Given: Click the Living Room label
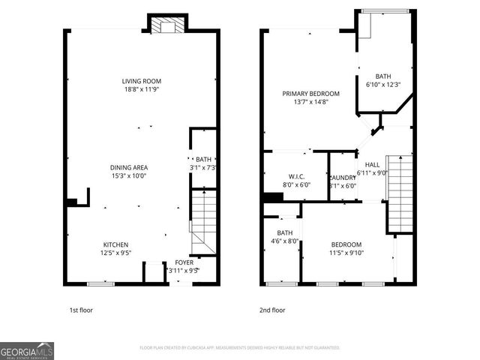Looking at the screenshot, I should click(142, 81).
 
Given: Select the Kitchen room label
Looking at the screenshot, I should click(115, 244).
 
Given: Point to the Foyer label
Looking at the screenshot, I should click(184, 262).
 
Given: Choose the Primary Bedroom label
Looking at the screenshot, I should click(310, 94).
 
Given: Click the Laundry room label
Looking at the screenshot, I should click(343, 177).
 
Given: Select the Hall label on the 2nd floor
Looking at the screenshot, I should click(372, 164).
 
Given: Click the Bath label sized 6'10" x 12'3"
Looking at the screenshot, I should click(383, 76).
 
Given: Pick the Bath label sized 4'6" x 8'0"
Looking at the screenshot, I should click(284, 232).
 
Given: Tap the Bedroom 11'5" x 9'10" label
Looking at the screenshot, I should click(346, 244).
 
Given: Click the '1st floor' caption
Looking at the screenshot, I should click(81, 309).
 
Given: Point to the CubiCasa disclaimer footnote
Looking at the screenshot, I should click(240, 348).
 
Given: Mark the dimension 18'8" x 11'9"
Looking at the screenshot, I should click(142, 89).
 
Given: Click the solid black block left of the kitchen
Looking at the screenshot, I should click(71, 201).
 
